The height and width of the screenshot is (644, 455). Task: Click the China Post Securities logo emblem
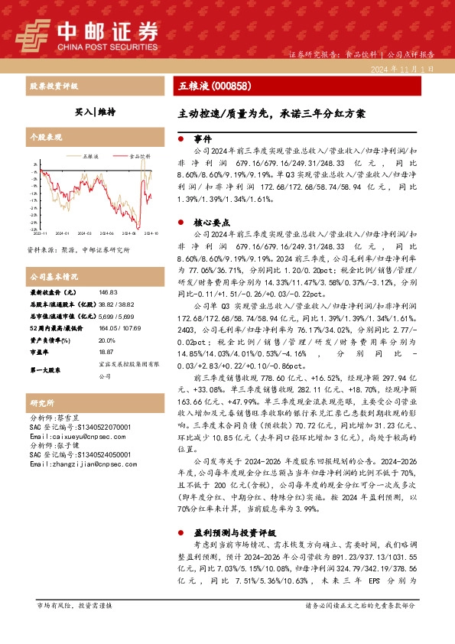tap(32, 33)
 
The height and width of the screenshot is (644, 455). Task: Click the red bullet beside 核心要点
tap(180, 220)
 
